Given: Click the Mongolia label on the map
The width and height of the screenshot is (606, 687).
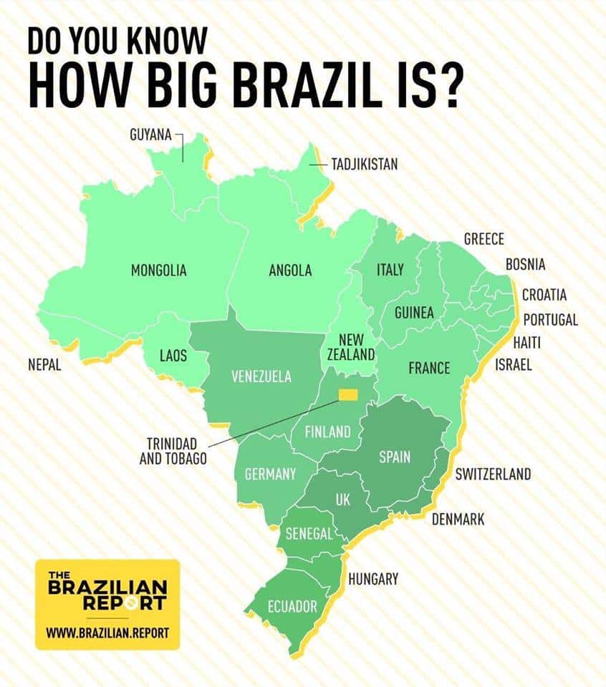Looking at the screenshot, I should (x=158, y=271).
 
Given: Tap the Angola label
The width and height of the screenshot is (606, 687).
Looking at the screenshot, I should (x=290, y=271).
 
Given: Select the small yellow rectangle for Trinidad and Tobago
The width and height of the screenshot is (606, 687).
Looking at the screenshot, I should (x=349, y=394).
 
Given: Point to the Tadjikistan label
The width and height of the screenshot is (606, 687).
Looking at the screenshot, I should (x=364, y=165).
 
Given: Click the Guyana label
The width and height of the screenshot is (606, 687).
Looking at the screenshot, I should (x=150, y=134).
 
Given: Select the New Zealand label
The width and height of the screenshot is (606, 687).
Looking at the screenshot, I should (x=351, y=346).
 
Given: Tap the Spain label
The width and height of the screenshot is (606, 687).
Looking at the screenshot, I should (x=394, y=457).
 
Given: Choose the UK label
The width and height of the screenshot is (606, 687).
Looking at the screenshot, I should (x=343, y=500).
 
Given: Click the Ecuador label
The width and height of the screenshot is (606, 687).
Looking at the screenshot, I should (x=292, y=607).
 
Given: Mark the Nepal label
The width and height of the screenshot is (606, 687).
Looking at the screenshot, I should (x=44, y=365).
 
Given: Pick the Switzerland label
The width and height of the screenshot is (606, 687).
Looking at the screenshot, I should (x=493, y=474).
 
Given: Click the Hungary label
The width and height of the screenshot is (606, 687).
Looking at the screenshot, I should (x=372, y=579).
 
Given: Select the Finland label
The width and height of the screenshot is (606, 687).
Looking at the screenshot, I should (x=327, y=432).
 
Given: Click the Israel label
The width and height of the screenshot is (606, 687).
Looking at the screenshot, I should (x=514, y=365).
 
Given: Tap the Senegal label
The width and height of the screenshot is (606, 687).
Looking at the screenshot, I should (x=309, y=534).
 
